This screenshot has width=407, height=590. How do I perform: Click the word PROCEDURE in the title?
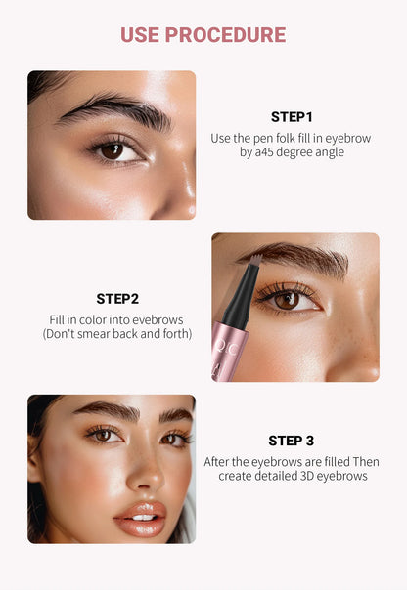point(226,35)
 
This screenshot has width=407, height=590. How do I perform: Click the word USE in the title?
point(140,35)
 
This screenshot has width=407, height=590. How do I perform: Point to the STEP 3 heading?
point(293,441)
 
